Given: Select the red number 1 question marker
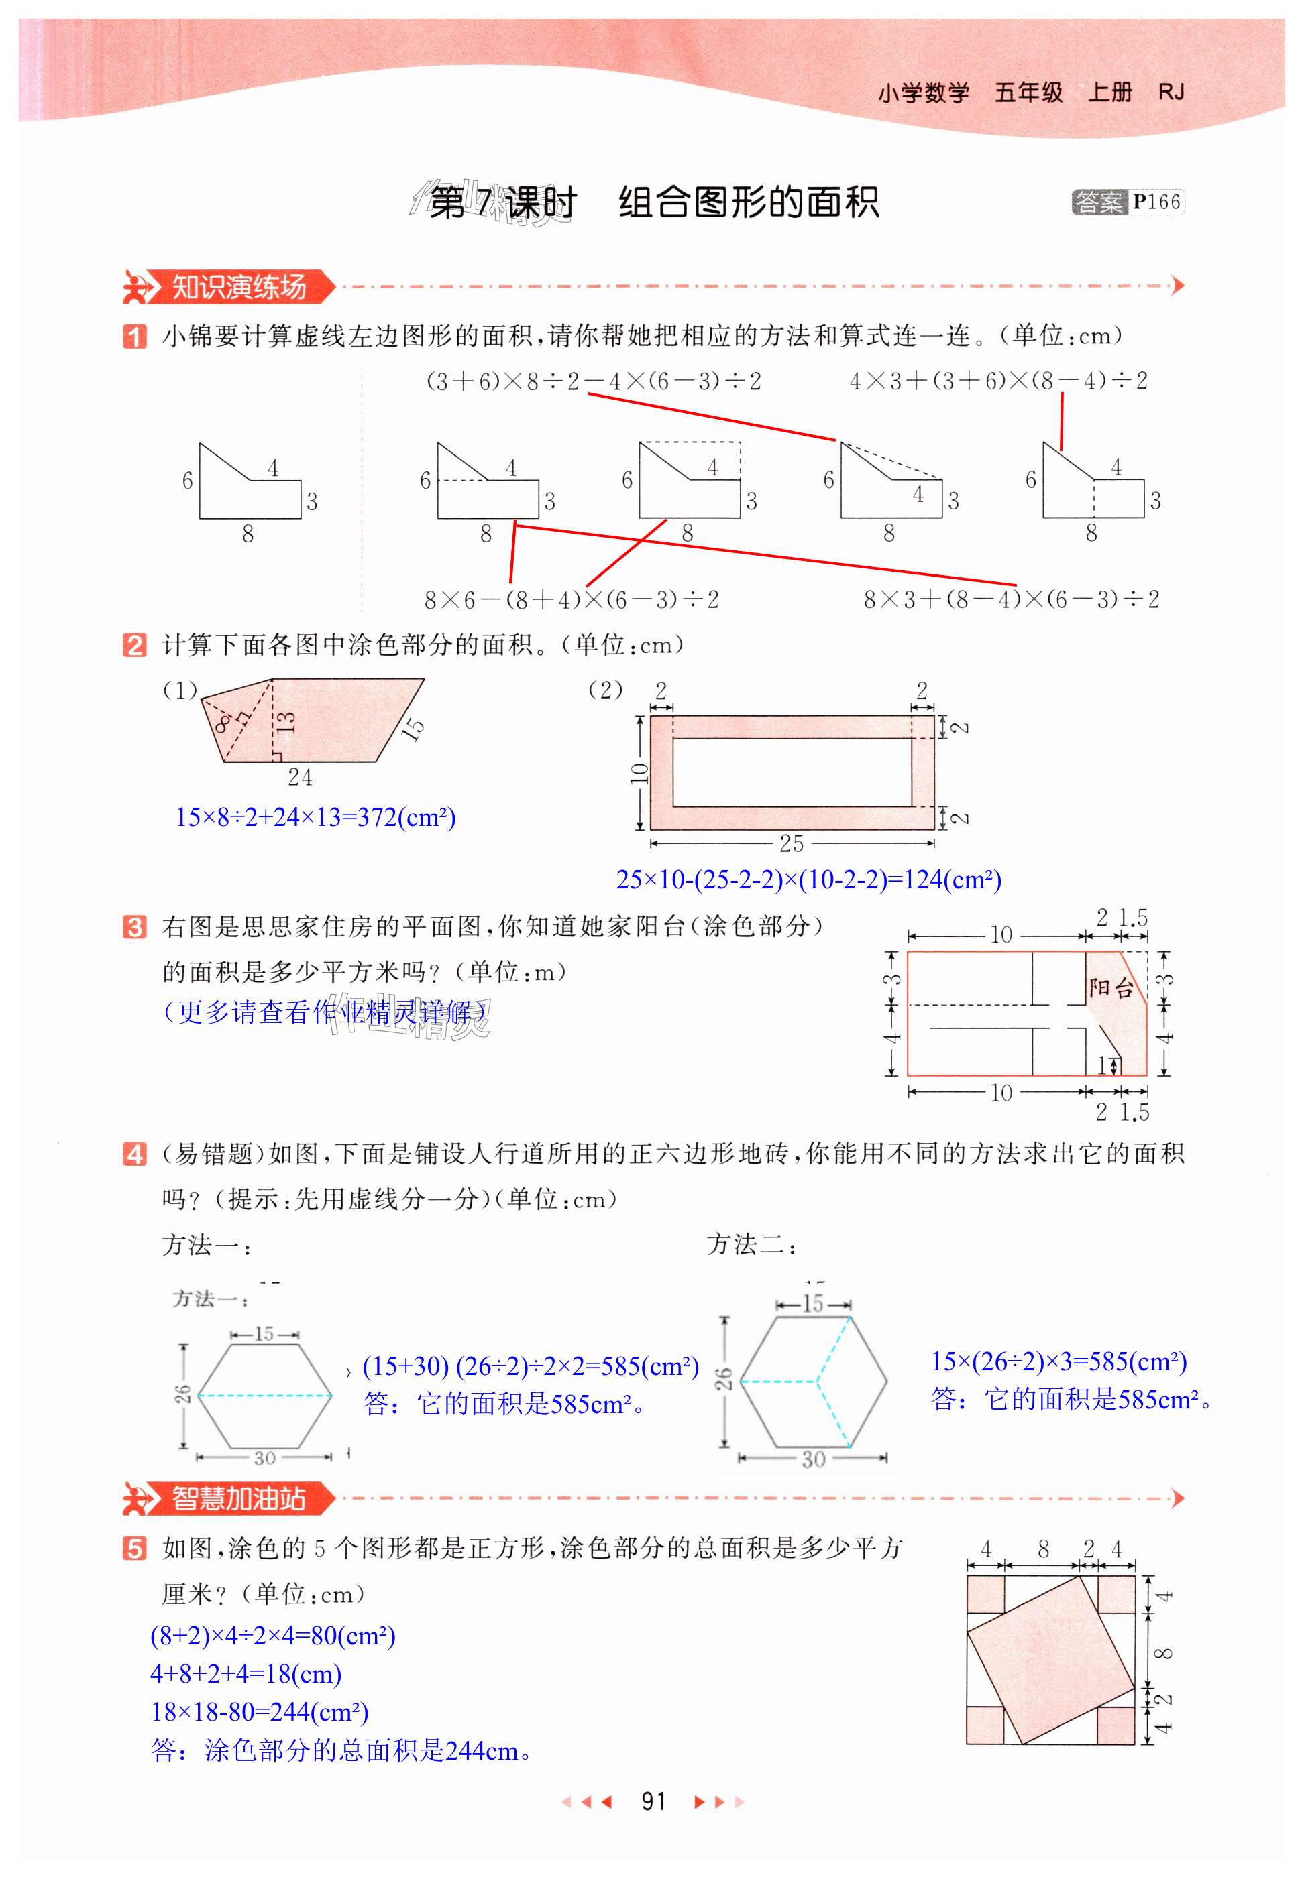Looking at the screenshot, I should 135,336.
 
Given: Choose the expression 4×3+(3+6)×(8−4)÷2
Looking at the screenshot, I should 997,381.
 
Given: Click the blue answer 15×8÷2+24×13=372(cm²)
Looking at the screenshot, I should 315,816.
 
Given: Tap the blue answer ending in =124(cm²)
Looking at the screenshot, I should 808,879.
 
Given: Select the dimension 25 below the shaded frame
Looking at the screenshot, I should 791,843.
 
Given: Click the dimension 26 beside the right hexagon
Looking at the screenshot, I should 724,1378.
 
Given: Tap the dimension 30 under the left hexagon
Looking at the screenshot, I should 264,1457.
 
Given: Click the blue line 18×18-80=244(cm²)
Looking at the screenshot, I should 260,1711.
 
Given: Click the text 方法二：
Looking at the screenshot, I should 752,1244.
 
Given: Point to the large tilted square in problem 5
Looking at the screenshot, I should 1050,1658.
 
